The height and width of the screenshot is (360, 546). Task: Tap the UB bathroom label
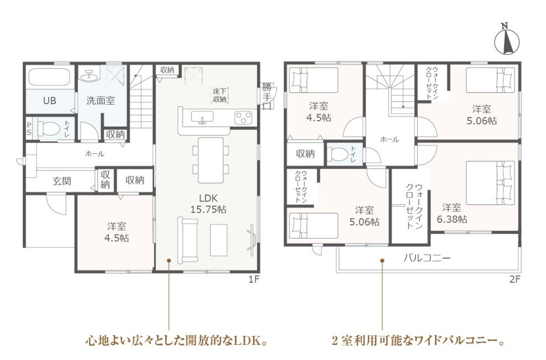(49, 101)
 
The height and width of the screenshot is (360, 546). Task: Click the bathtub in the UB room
(49, 77)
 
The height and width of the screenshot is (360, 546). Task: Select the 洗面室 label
(101, 101)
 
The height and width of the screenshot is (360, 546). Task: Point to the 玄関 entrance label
(62, 181)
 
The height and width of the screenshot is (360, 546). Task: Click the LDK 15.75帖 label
(208, 204)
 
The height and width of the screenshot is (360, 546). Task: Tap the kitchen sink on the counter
(202, 118)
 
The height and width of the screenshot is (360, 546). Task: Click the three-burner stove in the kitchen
(243, 118)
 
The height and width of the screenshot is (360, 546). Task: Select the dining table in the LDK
(211, 160)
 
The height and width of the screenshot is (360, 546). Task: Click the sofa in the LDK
(188, 240)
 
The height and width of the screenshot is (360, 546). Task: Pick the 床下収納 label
(220, 95)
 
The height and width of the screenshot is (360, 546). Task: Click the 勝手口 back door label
(267, 96)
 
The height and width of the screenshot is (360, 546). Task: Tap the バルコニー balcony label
(427, 258)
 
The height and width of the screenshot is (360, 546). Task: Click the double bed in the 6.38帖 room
(491, 183)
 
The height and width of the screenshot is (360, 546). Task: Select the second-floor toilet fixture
(338, 154)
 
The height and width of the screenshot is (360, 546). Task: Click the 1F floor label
(254, 279)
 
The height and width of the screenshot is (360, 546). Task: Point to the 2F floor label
(515, 279)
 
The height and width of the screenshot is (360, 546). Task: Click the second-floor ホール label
(389, 139)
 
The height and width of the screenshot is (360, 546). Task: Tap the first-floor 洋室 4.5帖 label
(116, 232)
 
